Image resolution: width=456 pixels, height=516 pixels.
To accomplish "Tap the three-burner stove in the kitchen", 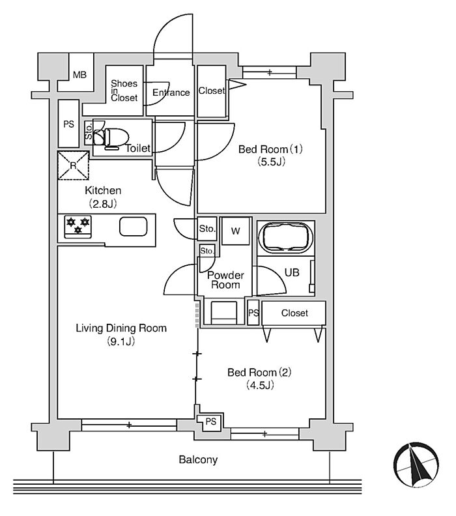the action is [x=78, y=227].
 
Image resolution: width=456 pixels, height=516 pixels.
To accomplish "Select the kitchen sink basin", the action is [x=133, y=227].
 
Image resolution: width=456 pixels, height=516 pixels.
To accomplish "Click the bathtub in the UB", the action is [x=285, y=238].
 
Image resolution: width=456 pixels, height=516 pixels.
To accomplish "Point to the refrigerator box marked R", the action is [x=73, y=165].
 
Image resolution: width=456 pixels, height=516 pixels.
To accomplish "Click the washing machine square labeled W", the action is [x=235, y=231].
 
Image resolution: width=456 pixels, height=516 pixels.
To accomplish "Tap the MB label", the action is [x=79, y=75].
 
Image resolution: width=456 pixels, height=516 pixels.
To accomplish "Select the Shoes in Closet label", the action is [x=124, y=91].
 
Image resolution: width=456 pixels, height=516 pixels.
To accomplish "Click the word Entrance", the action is [x=171, y=93].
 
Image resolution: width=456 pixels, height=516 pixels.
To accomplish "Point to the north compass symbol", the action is [x=416, y=465].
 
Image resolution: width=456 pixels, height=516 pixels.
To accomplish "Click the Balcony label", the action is [x=198, y=459].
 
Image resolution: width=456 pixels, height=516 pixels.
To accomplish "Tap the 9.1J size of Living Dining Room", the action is [x=121, y=341].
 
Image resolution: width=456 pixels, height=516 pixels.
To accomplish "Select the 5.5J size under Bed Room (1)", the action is [x=272, y=162].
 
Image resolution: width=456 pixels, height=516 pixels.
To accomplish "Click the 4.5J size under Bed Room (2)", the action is [x=260, y=384].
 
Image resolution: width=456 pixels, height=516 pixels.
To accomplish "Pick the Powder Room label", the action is [x=225, y=279].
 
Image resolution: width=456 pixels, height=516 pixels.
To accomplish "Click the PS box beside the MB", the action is [x=69, y=124].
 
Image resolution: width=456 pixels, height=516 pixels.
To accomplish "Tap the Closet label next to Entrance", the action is [x=212, y=91].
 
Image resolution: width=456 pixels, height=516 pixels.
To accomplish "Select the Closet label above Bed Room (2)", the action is [x=294, y=313].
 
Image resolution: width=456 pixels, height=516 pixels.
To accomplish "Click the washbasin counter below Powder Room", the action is [x=224, y=313].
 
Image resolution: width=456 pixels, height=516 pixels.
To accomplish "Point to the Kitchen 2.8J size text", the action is [x=103, y=204].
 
